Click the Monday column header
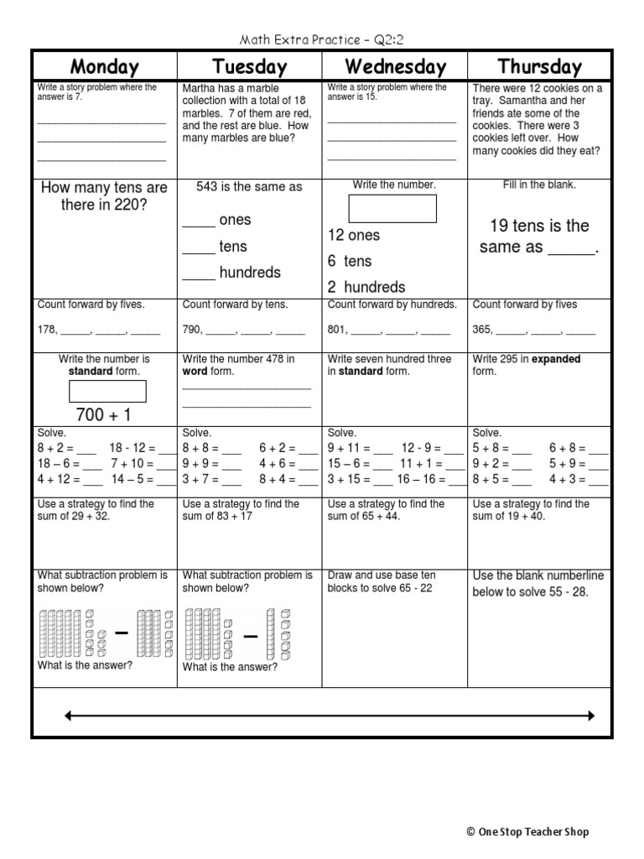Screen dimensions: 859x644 coord(104,67)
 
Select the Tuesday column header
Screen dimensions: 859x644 coord(249,67)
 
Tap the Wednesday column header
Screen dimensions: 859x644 coord(394,67)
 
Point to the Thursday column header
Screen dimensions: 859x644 coord(539,67)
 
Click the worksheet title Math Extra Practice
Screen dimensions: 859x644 coord(321,39)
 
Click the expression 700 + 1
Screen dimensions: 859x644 coord(104,414)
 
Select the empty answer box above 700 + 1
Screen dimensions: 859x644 coord(107,391)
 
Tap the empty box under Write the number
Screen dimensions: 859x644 coord(393,208)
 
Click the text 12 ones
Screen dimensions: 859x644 coord(354,235)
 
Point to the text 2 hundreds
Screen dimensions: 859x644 coord(366,287)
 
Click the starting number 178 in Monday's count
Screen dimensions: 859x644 coord(46,331)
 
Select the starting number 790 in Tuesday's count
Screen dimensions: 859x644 coord(191,331)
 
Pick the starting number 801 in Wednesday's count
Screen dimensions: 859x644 coord(336,331)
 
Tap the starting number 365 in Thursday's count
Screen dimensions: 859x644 coord(482,331)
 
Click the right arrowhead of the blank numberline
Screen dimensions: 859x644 coord(590,716)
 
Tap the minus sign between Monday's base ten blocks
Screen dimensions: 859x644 coord(122,634)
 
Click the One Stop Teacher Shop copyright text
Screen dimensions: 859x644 coord(527,832)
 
